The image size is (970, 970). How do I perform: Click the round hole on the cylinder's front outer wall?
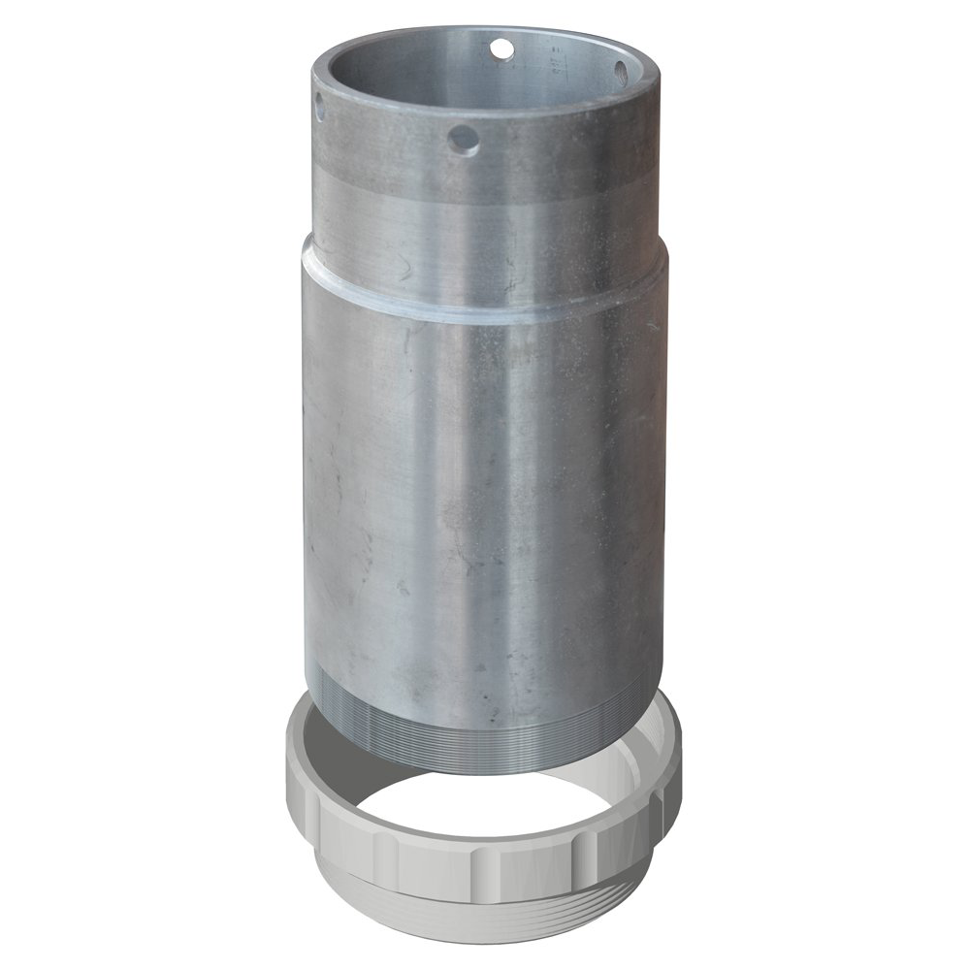point(464,142)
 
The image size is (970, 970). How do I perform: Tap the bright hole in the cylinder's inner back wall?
point(501,47)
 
